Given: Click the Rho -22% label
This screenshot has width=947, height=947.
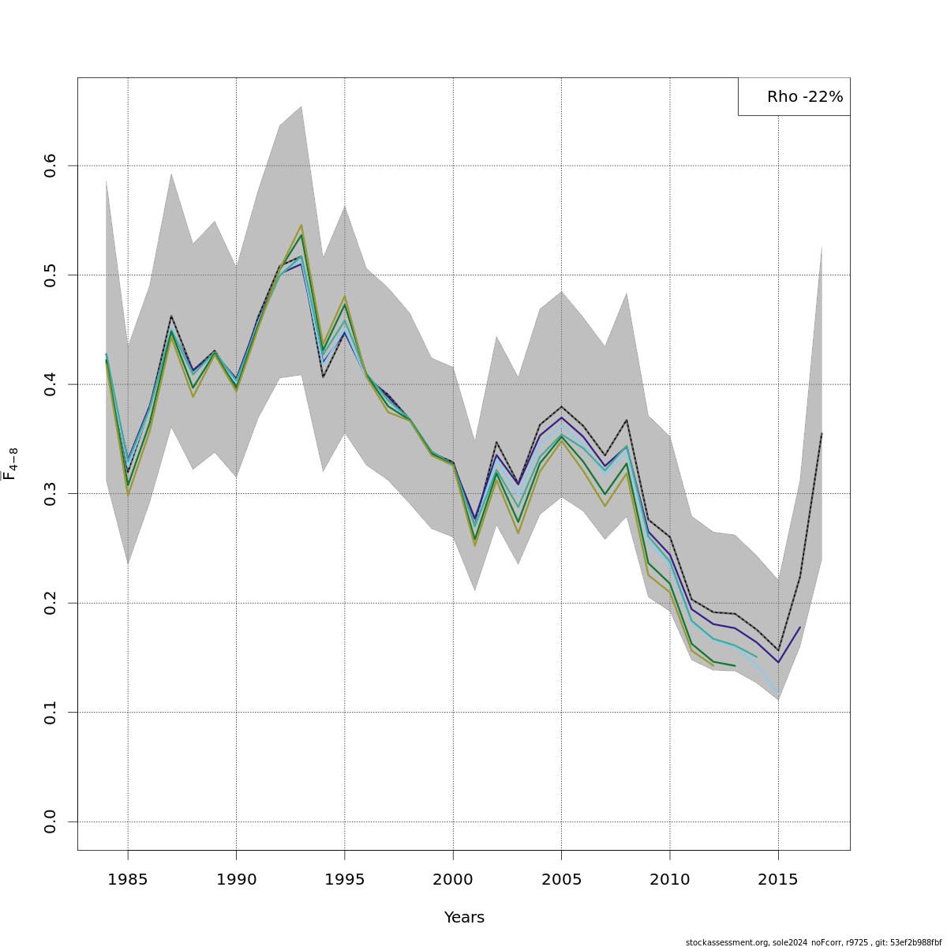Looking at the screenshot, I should tap(804, 97).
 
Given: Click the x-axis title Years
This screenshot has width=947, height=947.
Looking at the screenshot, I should tap(464, 917).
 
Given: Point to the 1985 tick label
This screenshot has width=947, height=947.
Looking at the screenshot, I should tap(128, 878).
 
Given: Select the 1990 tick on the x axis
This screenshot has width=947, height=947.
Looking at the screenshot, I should tap(236, 878).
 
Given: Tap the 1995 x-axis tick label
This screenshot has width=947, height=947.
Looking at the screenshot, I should tap(344, 878).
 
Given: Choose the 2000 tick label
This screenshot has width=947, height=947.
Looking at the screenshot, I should tap(453, 878).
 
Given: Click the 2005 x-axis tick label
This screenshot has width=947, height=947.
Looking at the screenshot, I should tap(561, 878).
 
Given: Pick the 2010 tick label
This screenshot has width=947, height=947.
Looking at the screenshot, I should tap(670, 878).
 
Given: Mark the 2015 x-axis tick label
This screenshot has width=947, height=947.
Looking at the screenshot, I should tap(778, 878).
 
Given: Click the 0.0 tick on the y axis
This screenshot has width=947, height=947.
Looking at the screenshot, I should tap(50, 822).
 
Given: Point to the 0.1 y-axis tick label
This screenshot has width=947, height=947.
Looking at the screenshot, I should tap(50, 713).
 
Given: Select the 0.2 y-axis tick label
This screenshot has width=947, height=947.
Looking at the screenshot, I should tap(50, 603).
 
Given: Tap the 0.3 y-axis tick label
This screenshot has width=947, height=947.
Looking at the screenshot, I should tap(50, 494).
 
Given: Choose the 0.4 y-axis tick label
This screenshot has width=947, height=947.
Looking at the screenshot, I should tap(50, 384).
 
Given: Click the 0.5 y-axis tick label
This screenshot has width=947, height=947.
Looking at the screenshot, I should tap(50, 275).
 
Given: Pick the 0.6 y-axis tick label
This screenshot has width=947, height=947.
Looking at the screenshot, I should tap(50, 166).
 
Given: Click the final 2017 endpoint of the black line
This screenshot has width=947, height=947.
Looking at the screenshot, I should tap(822, 433).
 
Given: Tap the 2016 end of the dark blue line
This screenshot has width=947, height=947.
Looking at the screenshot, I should tap(800, 627).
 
